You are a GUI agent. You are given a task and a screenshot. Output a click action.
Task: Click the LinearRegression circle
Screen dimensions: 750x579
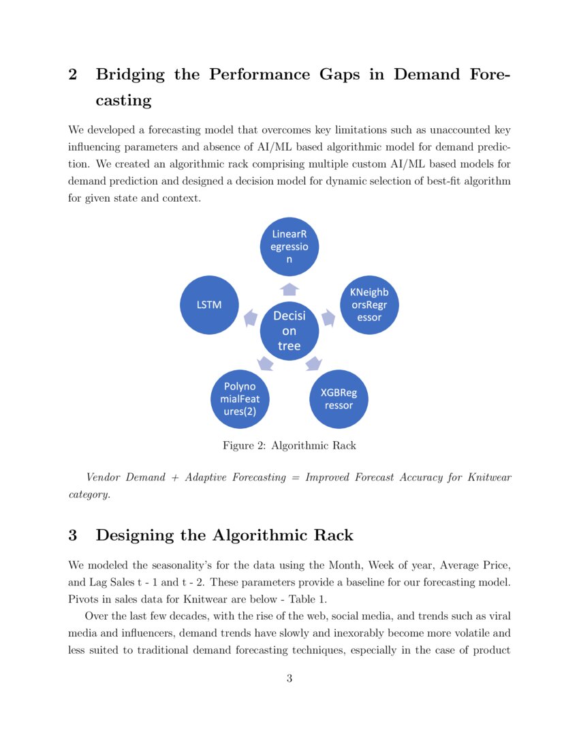[289, 247]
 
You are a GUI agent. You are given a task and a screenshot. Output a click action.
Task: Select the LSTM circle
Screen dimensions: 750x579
[209, 305]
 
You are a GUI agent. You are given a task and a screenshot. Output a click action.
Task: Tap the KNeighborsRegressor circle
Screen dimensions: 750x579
[369, 305]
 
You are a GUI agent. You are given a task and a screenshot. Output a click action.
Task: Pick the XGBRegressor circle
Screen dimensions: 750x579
[339, 400]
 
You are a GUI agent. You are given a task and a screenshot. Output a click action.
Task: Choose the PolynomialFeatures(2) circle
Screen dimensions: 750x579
[240, 400]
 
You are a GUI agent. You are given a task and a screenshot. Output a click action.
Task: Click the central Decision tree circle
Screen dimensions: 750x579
[289, 331]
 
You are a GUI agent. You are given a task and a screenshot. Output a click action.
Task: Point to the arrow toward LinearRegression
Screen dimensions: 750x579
[289, 289]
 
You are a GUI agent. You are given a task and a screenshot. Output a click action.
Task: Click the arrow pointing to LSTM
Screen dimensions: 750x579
[251, 317]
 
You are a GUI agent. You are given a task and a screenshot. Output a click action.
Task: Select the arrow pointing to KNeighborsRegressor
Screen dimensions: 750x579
[328, 317]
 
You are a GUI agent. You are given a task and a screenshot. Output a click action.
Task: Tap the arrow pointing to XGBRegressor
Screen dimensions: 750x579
[313, 363]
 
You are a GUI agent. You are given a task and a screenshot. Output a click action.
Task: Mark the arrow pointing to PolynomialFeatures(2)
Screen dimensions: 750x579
[266, 363]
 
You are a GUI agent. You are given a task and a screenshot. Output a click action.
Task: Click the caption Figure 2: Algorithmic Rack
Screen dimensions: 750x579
[289, 446]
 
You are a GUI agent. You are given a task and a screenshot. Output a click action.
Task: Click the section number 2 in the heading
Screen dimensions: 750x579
[73, 75]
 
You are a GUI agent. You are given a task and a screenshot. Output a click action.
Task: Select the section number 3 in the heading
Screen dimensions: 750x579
[73, 535]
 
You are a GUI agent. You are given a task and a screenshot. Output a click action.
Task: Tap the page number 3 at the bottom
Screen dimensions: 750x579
[289, 678]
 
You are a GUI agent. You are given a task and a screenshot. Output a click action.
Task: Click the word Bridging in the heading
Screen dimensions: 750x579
[130, 75]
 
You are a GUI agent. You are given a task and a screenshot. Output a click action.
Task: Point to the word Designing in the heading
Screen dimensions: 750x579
[132, 535]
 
